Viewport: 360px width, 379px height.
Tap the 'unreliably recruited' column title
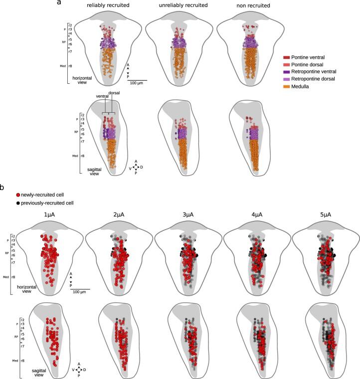(178, 5)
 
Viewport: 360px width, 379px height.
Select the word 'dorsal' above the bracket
(114, 92)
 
